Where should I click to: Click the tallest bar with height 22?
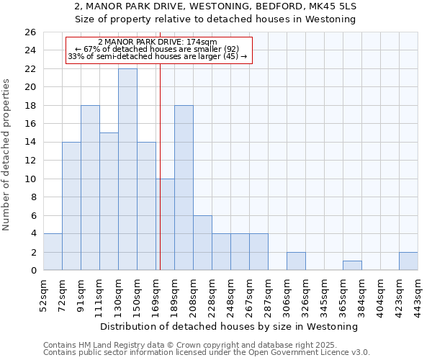pyautogui.click(x=127, y=169)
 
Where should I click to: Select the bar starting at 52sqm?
pyautogui.click(x=53, y=252)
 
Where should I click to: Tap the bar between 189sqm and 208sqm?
pyautogui.click(x=184, y=187)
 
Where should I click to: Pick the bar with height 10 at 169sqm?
pyautogui.click(x=165, y=225)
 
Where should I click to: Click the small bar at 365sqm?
pyautogui.click(x=352, y=266)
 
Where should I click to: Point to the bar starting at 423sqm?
pyautogui.click(x=408, y=261)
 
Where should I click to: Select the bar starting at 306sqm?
pyautogui.click(x=296, y=261)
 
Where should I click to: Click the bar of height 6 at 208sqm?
pyautogui.click(x=202, y=243)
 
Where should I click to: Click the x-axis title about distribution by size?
pyautogui.click(x=230, y=326)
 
